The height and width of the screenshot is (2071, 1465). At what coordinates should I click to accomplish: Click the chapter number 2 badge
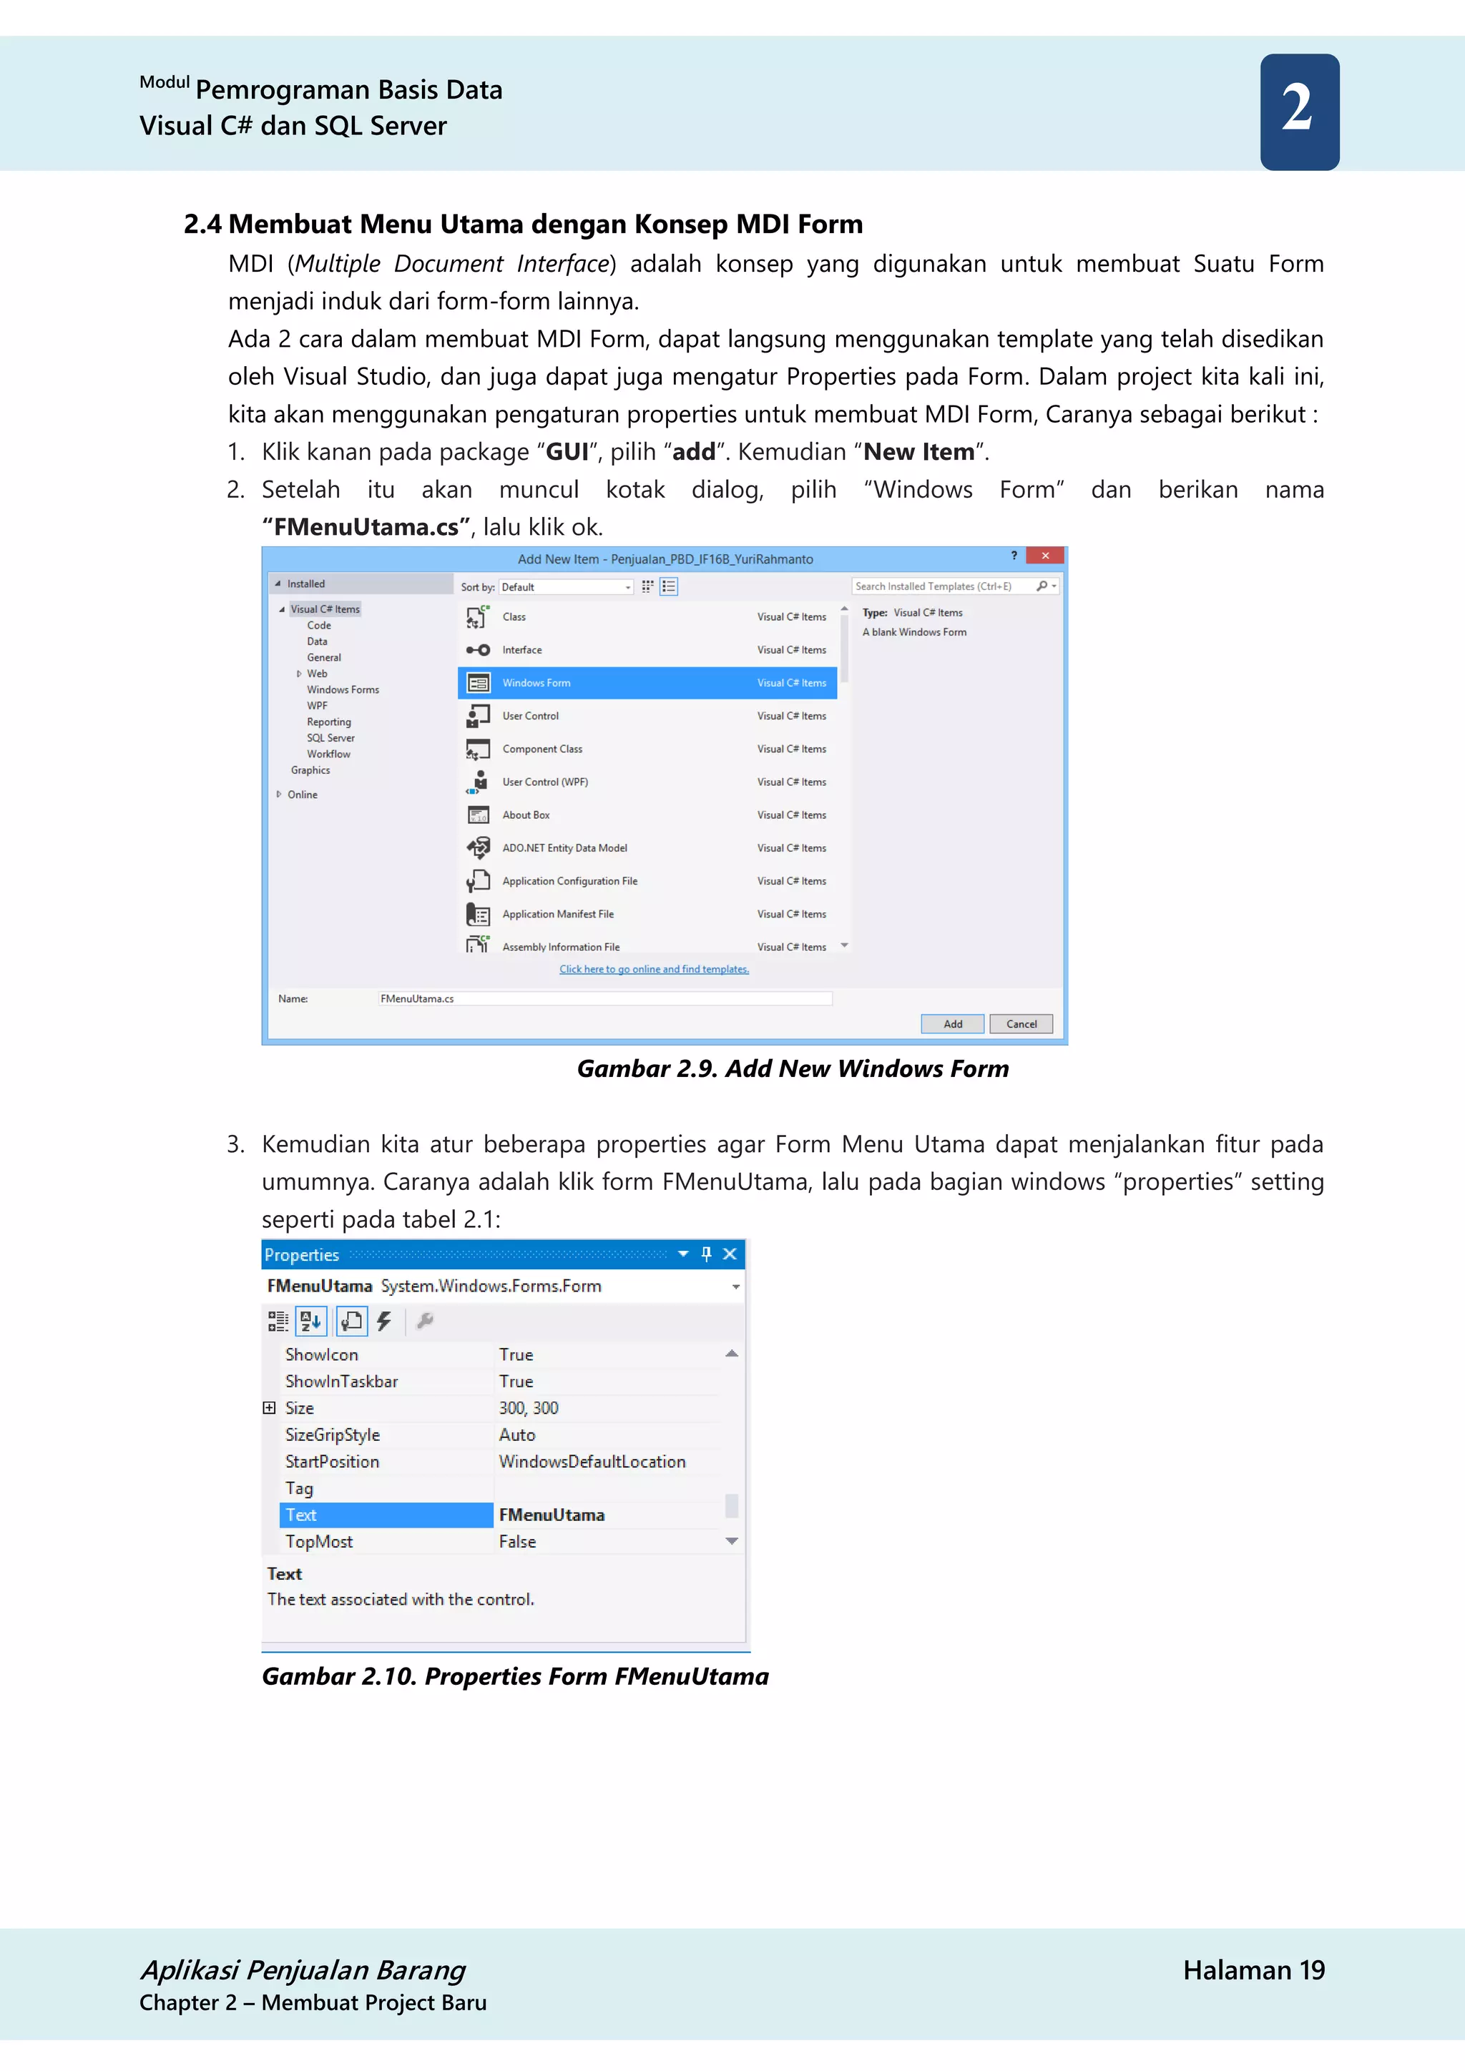[1299, 111]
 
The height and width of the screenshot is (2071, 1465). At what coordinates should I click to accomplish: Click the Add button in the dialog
[951, 1024]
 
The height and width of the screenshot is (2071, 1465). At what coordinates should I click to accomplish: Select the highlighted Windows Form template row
[647, 683]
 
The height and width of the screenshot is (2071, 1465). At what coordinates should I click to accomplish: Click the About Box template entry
[526, 815]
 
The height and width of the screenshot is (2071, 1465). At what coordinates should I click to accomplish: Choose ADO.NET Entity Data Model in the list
[564, 848]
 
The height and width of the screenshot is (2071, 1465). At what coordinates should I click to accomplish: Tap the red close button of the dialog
[1044, 556]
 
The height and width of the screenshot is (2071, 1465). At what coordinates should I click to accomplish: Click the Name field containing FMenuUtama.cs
[604, 998]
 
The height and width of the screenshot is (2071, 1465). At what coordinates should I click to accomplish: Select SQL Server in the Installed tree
[330, 738]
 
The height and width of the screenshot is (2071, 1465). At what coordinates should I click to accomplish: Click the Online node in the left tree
[302, 795]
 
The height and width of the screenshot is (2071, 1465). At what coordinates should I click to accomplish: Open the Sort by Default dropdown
[567, 587]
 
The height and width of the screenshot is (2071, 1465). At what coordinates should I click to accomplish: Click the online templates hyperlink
[654, 970]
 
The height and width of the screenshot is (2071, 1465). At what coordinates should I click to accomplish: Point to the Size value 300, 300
[529, 1408]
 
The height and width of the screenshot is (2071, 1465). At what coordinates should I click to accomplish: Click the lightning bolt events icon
[384, 1322]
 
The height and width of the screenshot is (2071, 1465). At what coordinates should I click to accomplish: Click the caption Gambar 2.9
[792, 1069]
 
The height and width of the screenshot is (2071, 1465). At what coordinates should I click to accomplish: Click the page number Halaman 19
[1253, 1970]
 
